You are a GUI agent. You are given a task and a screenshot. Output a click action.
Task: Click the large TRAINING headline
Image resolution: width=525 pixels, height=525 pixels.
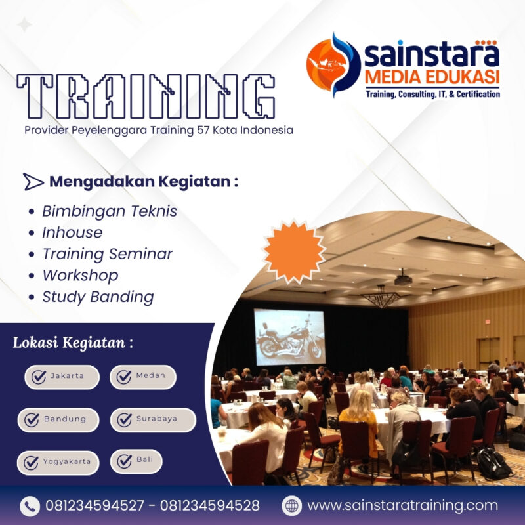coord(146,96)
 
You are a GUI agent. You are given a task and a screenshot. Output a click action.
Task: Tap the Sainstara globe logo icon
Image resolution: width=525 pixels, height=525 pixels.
coord(333,64)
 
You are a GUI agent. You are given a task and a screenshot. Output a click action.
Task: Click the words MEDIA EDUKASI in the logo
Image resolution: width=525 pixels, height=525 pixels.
coord(432,77)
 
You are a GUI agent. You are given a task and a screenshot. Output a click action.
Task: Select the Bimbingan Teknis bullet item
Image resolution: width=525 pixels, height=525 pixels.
coord(109,211)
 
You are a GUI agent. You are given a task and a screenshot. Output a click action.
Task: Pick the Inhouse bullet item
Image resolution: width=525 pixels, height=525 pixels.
coord(72,232)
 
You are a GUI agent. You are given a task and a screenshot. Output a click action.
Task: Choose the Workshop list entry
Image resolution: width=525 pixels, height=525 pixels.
coord(80,275)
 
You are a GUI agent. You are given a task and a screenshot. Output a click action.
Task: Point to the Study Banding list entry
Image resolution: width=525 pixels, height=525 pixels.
coord(98,297)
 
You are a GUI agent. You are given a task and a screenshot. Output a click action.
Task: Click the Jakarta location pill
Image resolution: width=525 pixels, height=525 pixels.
coord(62,377)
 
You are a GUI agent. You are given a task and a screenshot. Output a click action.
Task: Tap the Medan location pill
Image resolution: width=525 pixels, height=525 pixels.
coord(142,377)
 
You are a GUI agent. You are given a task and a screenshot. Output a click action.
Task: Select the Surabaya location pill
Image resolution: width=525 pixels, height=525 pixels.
coord(152,419)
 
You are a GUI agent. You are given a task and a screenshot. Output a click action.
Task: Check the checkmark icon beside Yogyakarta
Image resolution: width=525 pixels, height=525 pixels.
coord(31,462)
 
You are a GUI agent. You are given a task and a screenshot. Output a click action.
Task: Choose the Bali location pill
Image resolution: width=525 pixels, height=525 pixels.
coord(136,461)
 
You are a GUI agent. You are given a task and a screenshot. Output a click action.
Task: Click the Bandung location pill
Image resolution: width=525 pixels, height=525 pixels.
coord(58,419)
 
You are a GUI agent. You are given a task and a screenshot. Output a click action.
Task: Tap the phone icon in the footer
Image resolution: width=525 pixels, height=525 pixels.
coord(30,506)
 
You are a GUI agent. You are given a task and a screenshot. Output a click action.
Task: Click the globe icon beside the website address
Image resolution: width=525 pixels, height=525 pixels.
coord(291,506)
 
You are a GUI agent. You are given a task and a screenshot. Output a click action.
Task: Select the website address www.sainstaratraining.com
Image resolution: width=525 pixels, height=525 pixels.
coord(402,506)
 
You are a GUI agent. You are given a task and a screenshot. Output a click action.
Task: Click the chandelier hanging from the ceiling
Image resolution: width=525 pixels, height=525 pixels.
coord(382,299)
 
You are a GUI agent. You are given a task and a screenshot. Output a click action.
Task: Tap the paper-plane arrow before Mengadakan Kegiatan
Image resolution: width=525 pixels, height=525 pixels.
coord(33,182)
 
